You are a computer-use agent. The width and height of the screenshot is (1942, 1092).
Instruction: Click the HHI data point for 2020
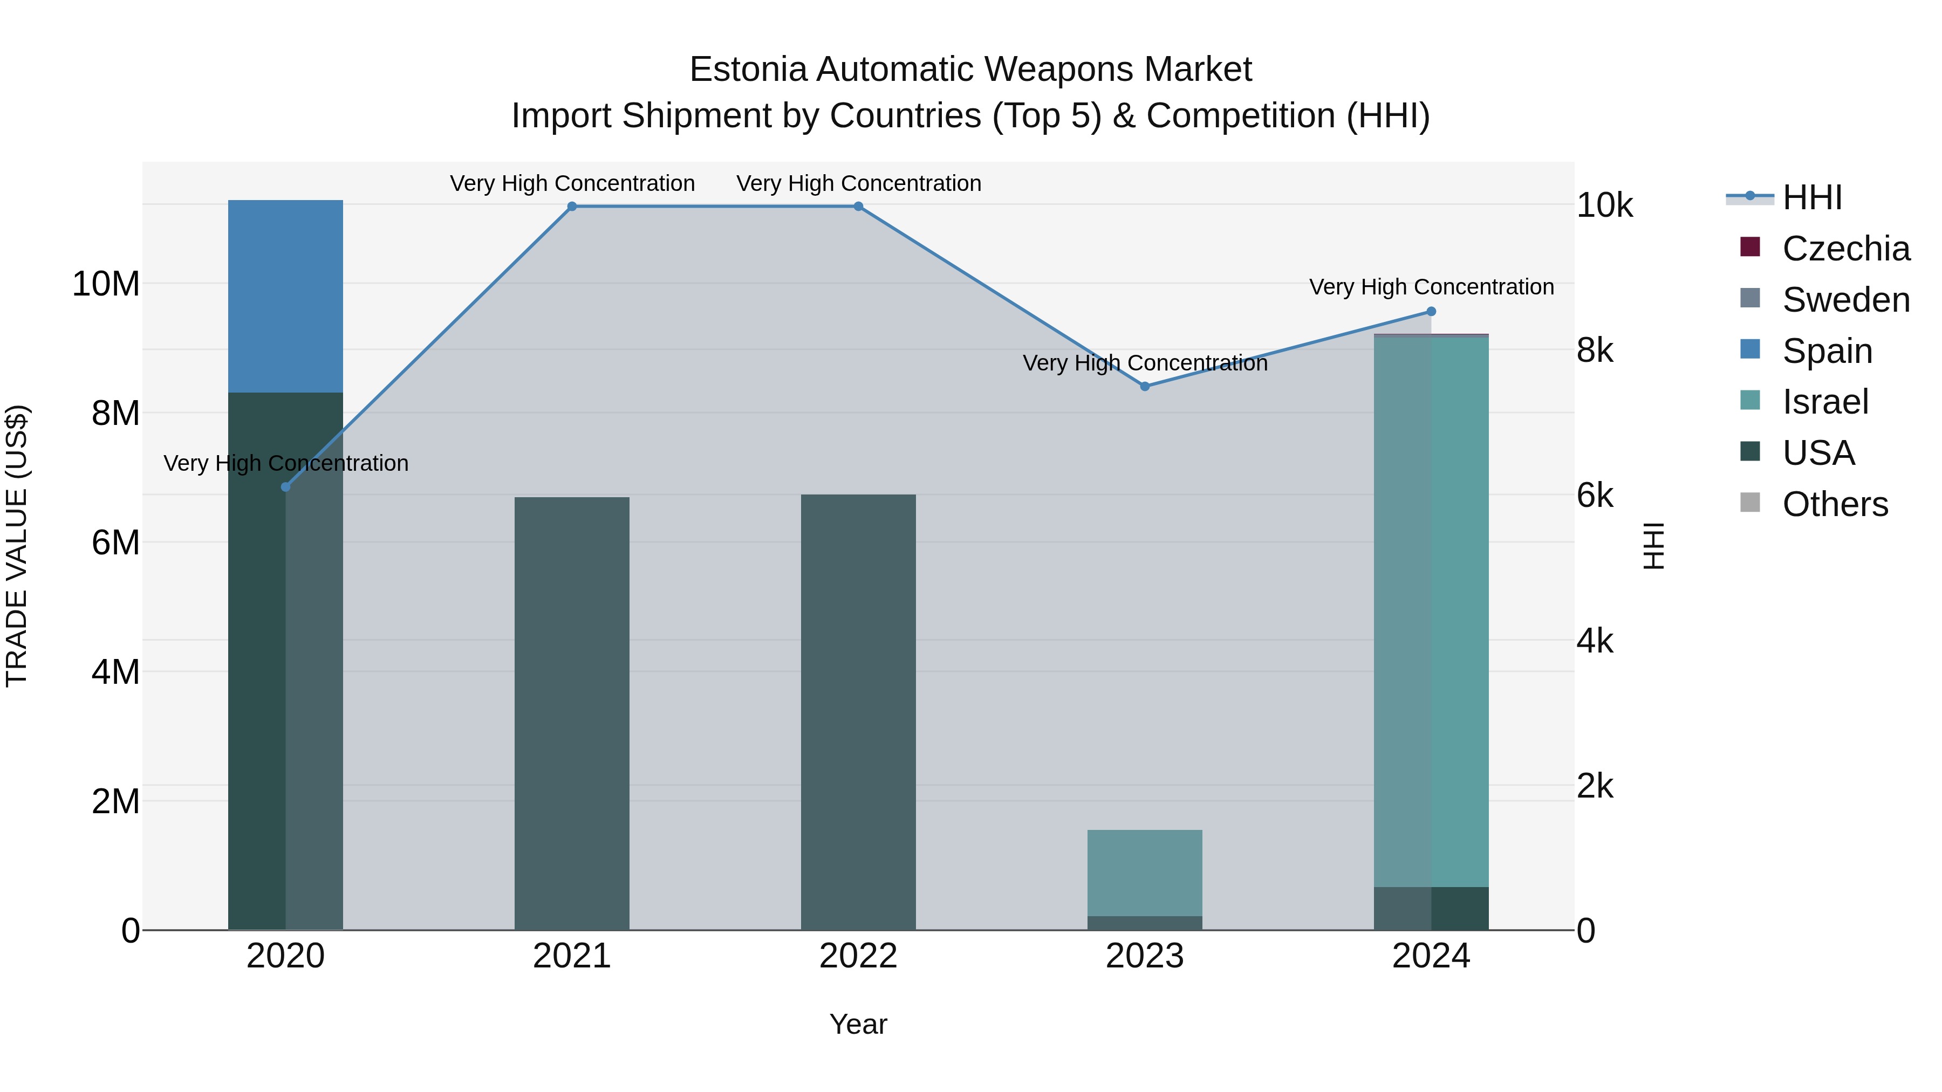pos(286,487)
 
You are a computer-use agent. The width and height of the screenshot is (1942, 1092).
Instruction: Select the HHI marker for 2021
pos(572,207)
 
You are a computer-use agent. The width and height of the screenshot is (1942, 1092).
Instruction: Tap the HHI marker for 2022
pos(859,207)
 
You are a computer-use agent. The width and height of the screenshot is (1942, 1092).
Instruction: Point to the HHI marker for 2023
pos(1145,387)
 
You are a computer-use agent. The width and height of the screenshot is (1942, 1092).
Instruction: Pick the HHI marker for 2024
pos(1432,311)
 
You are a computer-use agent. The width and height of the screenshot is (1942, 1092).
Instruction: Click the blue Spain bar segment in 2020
pos(286,296)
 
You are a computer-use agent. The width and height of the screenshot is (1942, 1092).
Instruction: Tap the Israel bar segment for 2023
pos(1145,873)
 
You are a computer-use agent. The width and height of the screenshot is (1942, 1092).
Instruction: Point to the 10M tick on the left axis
pos(106,284)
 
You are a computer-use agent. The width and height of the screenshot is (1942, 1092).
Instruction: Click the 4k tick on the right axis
pos(1595,641)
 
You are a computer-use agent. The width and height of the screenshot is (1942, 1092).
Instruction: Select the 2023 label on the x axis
pos(1145,956)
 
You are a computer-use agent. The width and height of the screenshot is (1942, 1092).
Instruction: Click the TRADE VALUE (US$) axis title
pos(17,546)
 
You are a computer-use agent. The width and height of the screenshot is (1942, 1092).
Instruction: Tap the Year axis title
pos(859,1024)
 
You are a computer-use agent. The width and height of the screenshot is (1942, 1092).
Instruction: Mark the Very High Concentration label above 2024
pos(1432,287)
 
